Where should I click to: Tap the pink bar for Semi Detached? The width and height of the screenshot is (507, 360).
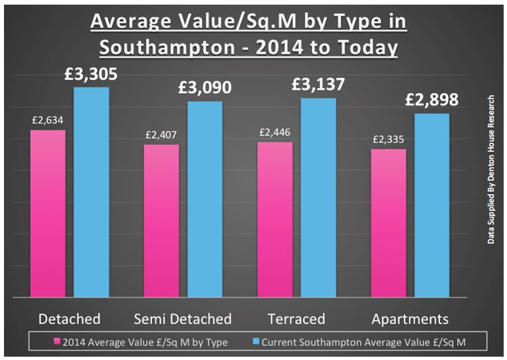[x=161, y=220]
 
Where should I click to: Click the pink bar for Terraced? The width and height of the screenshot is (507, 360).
[x=275, y=219]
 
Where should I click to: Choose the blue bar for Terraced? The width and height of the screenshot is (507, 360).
[x=318, y=197]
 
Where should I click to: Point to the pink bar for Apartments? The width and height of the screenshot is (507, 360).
[x=389, y=223]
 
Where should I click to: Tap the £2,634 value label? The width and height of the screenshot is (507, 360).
[x=48, y=120]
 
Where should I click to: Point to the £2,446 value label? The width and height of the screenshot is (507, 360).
[x=275, y=132]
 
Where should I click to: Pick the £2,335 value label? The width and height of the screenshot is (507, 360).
[x=389, y=139]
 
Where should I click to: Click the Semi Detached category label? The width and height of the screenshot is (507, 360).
[x=183, y=319]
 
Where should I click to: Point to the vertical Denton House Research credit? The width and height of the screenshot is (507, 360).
[x=492, y=169]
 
